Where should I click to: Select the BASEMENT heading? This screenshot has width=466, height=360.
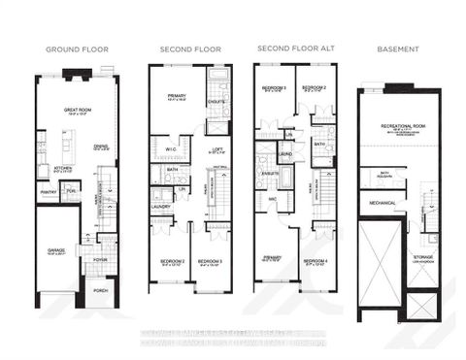coord(399,49)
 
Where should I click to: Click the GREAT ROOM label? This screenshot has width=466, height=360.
coord(78,110)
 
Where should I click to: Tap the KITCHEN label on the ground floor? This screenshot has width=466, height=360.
coord(63,168)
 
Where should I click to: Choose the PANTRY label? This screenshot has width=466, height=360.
coord(48,192)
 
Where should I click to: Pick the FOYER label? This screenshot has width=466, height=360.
coord(100,259)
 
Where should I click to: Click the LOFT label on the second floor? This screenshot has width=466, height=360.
coord(218,147)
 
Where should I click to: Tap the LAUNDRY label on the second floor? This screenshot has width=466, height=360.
coord(161,206)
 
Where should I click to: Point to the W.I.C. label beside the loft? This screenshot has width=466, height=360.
coord(171,149)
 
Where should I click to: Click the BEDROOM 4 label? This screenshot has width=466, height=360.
coord(313,261)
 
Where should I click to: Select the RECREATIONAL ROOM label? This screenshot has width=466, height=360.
coord(398,124)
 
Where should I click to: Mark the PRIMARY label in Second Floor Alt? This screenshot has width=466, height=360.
coord(271,257)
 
